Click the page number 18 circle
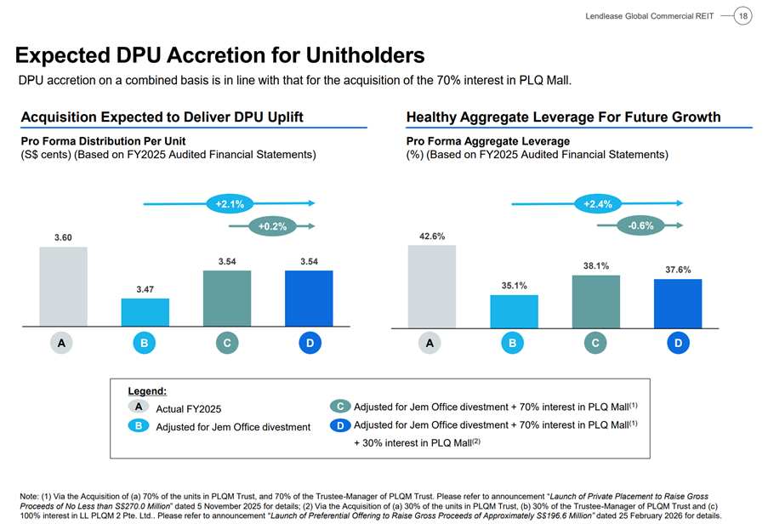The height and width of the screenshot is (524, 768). pos(742,16)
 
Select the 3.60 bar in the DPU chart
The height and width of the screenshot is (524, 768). pos(63,286)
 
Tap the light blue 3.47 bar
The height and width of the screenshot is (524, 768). pos(145,311)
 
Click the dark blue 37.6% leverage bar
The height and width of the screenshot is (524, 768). pos(678,303)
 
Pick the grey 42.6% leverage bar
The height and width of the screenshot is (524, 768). pos(431,286)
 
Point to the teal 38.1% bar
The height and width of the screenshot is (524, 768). pos(595,301)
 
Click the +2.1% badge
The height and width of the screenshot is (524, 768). pos(230,204)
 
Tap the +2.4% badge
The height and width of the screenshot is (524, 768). pos(598,204)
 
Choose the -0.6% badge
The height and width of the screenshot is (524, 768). pos(640,225)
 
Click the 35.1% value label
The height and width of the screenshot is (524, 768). pos(514,286)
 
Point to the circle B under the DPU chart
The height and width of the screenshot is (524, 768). pos(145,344)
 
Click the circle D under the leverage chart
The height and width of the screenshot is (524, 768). pos(678,344)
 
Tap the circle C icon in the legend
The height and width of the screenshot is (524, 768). pos(339,407)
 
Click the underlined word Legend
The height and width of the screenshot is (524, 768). pos(147,391)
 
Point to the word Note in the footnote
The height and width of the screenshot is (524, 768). pos(31,495)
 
